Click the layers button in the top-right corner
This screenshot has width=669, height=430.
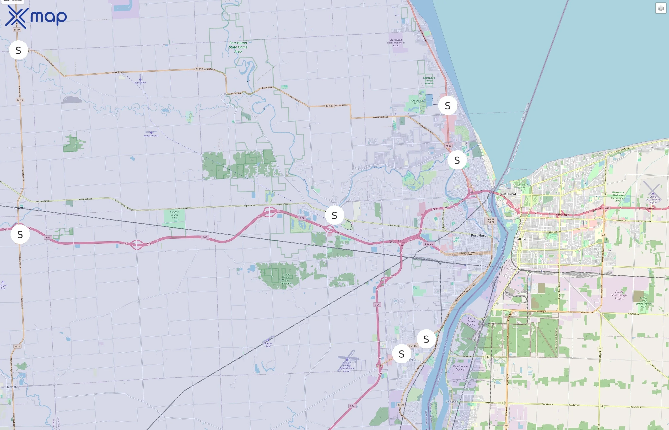pos(660,8)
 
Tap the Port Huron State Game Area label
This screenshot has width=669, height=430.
pos(238,47)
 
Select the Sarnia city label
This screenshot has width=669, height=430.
pos(521,239)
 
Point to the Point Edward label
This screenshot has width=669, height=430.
pos(507,194)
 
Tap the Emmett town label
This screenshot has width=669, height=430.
pos(18,208)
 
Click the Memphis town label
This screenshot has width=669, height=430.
pos(13,387)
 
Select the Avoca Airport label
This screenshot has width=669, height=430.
pos(151,135)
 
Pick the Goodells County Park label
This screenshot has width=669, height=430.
pos(174,215)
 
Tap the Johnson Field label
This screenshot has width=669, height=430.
pos(268,345)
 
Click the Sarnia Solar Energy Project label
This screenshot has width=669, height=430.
pos(619,295)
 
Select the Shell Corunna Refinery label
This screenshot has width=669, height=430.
pos(460,367)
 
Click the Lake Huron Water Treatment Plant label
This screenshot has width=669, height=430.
pos(396,43)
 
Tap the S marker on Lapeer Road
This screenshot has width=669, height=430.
pos(334,215)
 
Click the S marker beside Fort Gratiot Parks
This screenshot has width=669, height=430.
pos(447,106)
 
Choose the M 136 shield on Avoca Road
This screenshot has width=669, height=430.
pos(199,69)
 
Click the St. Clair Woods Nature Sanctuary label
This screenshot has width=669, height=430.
pos(285,279)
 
